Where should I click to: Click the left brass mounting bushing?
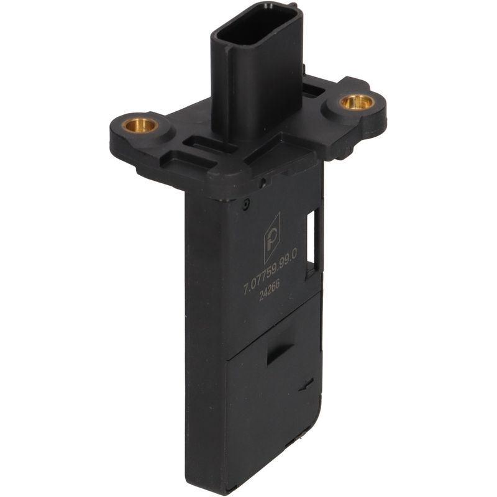[140, 125]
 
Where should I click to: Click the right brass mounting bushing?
[356, 102]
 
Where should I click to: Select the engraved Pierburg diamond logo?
[272, 239]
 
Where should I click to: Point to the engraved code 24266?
[270, 290]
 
